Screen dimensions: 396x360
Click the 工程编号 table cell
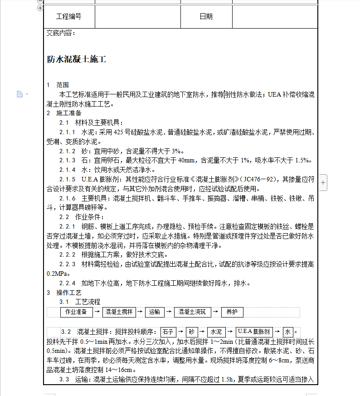(x=69, y=17)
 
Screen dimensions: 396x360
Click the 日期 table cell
(x=206, y=17)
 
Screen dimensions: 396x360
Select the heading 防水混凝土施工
(x=77, y=59)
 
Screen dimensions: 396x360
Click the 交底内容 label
(x=61, y=33)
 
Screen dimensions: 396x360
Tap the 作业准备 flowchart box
(x=76, y=312)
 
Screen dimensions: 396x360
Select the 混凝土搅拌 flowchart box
(x=119, y=312)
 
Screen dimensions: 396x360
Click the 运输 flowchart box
(x=153, y=312)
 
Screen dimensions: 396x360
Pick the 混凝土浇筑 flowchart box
(x=192, y=312)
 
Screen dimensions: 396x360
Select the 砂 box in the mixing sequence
(x=192, y=332)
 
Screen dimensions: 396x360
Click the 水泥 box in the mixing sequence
(x=216, y=332)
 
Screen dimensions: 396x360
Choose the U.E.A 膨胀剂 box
(x=254, y=332)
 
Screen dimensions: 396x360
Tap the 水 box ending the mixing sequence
(x=288, y=332)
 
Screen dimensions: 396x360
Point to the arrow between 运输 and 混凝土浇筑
(x=169, y=312)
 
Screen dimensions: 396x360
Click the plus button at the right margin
(x=323, y=182)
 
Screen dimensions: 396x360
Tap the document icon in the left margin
(x=19, y=94)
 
